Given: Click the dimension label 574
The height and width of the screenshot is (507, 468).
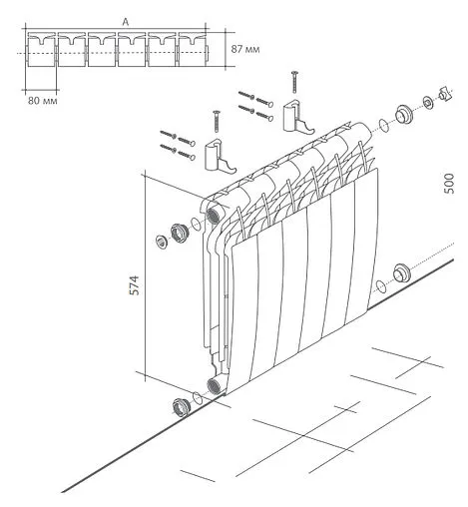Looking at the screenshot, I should click(132, 284).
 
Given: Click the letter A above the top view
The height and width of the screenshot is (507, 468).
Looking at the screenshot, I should click(123, 20).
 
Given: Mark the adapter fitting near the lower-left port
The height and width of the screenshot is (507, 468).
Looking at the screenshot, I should click(183, 406).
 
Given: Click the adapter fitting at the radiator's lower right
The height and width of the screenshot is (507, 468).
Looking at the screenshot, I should click(402, 272).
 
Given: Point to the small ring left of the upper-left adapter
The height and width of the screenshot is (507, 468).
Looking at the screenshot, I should click(162, 241).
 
